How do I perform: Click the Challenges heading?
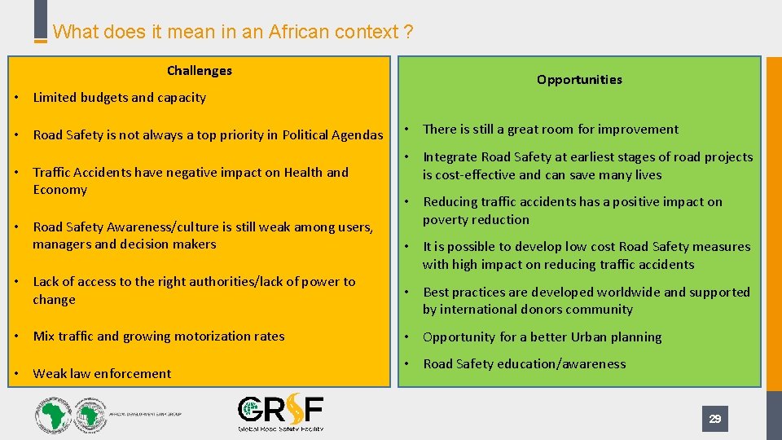(199, 71)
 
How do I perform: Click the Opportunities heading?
(579, 80)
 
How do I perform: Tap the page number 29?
(714, 419)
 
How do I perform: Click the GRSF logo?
(280, 413)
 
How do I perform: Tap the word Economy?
(59, 190)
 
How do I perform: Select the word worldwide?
(626, 292)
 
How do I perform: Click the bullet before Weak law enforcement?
(17, 374)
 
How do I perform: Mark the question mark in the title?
(407, 33)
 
